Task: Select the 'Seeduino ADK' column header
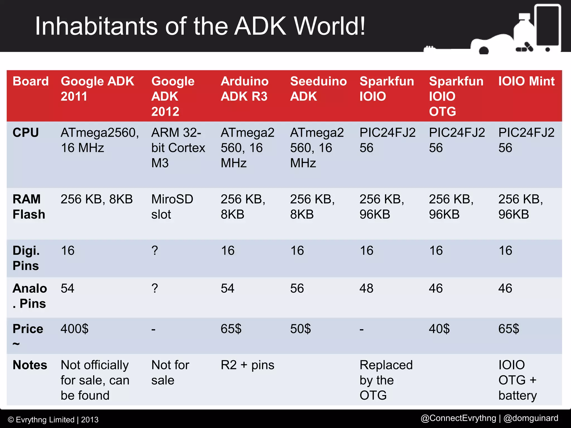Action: pyautogui.click(x=318, y=89)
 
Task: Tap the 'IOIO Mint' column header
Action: pyautogui.click(x=526, y=81)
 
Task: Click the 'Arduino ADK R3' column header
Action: pyautogui.click(x=244, y=89)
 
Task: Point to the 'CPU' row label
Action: pyautogui.click(x=26, y=133)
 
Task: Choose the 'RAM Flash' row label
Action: pyautogui.click(x=29, y=207)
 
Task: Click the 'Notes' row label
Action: pyautogui.click(x=30, y=365)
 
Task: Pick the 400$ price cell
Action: pyautogui.click(x=74, y=329)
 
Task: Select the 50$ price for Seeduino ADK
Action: pyautogui.click(x=300, y=329)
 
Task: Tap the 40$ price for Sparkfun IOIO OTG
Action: pyautogui.click(x=439, y=329)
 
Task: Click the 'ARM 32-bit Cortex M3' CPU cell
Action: pyautogui.click(x=178, y=148)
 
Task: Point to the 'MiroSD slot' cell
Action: pyautogui.click(x=172, y=207)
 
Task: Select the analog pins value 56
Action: pyautogui.click(x=297, y=288)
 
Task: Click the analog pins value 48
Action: pyautogui.click(x=366, y=288)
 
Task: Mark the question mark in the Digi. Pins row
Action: pyautogui.click(x=155, y=251)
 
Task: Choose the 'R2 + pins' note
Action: pyautogui.click(x=247, y=365)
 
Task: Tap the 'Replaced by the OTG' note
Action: pyautogui.click(x=386, y=380)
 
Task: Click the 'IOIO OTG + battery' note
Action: pyautogui.click(x=517, y=380)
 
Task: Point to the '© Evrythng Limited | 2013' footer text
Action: pyautogui.click(x=53, y=420)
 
